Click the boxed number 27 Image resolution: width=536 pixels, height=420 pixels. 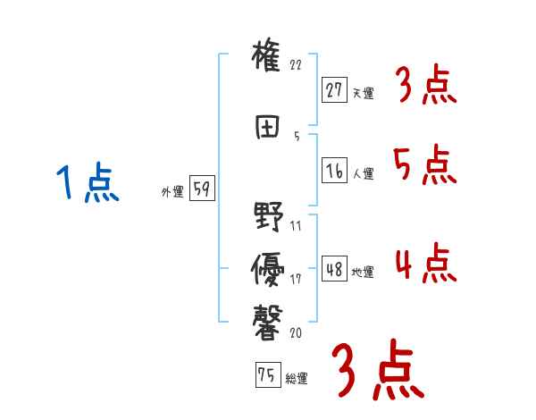(335, 89)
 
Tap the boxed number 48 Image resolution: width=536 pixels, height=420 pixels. (335, 270)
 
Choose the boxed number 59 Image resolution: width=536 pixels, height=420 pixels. (202, 189)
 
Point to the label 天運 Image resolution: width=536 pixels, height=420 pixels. (363, 92)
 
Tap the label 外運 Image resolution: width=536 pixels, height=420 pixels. (172, 192)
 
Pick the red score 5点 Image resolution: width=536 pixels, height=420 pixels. (425, 165)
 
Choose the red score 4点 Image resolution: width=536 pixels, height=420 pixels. (425, 264)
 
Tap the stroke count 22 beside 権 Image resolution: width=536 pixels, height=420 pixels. (297, 65)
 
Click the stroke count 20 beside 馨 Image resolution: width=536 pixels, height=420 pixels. (297, 332)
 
